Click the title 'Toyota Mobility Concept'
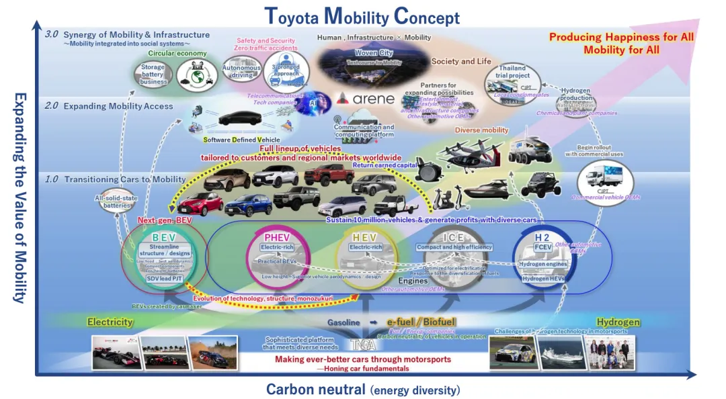point(362,16)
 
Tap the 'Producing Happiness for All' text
point(621,38)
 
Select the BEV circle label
point(164,237)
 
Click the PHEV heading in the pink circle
point(277,237)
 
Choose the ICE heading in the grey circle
point(454,237)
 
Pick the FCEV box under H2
point(542,247)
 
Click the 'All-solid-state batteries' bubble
point(116,202)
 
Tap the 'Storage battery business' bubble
point(153,75)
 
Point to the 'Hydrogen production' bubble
point(576,95)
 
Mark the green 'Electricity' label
point(110,322)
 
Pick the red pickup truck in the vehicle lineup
point(329,174)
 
